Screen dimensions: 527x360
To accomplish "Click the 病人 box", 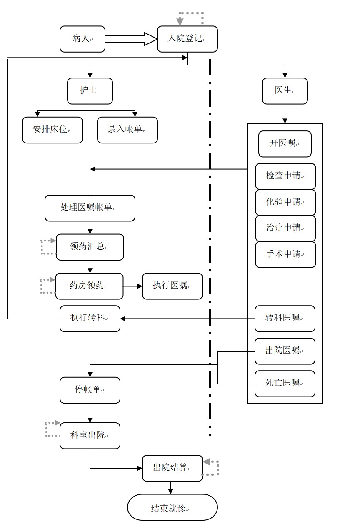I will (x=82, y=39).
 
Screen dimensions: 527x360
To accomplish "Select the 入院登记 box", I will (x=187, y=39).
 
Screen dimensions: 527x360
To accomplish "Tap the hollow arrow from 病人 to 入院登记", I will (x=131, y=39).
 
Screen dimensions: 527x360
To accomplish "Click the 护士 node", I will (x=90, y=91).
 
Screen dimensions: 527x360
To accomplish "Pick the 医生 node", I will (x=285, y=91).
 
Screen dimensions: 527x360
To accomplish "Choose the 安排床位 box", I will (x=52, y=130).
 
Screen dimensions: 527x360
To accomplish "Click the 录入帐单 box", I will (x=127, y=130).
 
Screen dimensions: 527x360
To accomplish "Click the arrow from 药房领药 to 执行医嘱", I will (x=132, y=286).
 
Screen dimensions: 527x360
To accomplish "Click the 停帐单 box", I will (x=90, y=390).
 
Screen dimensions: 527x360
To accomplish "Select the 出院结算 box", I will (x=172, y=468).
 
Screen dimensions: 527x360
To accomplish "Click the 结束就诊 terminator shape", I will (x=172, y=507).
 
